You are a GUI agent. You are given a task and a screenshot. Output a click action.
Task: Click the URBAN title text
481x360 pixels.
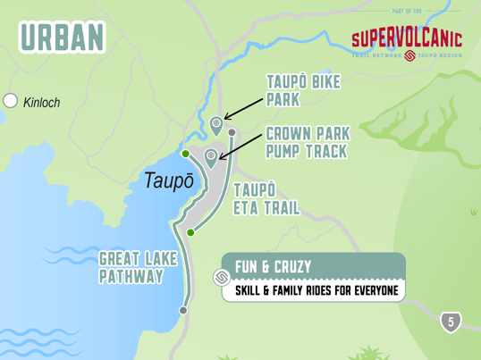[61, 37]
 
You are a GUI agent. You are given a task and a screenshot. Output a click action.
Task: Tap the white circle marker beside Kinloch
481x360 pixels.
[11, 101]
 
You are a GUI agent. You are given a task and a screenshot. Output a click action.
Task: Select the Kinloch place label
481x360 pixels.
[42, 103]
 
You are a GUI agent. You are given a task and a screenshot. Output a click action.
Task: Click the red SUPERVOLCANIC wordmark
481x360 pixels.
[406, 38]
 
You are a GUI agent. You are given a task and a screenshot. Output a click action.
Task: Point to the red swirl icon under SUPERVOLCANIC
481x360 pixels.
[409, 55]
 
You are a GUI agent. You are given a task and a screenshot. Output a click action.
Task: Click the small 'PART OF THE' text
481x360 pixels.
[407, 12]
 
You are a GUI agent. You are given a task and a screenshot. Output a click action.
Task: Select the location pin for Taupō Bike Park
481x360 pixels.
[215, 124]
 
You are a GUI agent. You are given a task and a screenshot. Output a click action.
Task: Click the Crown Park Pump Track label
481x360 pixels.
[308, 142]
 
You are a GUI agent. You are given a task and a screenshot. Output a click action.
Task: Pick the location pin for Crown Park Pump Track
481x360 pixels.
[211, 157]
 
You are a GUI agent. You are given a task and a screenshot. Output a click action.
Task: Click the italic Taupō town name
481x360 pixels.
[169, 180]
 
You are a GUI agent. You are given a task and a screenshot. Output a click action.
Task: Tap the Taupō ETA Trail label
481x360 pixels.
[266, 199]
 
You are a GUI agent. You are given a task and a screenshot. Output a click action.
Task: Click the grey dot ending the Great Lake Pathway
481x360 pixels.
[183, 311]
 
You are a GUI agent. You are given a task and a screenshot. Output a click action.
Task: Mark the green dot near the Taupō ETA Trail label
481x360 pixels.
[190, 232]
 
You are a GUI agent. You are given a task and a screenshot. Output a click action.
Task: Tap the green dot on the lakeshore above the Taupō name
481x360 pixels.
[185, 154]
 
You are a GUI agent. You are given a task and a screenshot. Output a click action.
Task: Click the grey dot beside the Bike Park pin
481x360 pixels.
[232, 133]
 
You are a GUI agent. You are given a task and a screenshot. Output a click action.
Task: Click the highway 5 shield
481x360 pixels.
[451, 322]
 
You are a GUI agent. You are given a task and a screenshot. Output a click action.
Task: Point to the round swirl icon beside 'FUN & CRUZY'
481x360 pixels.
[222, 278]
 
